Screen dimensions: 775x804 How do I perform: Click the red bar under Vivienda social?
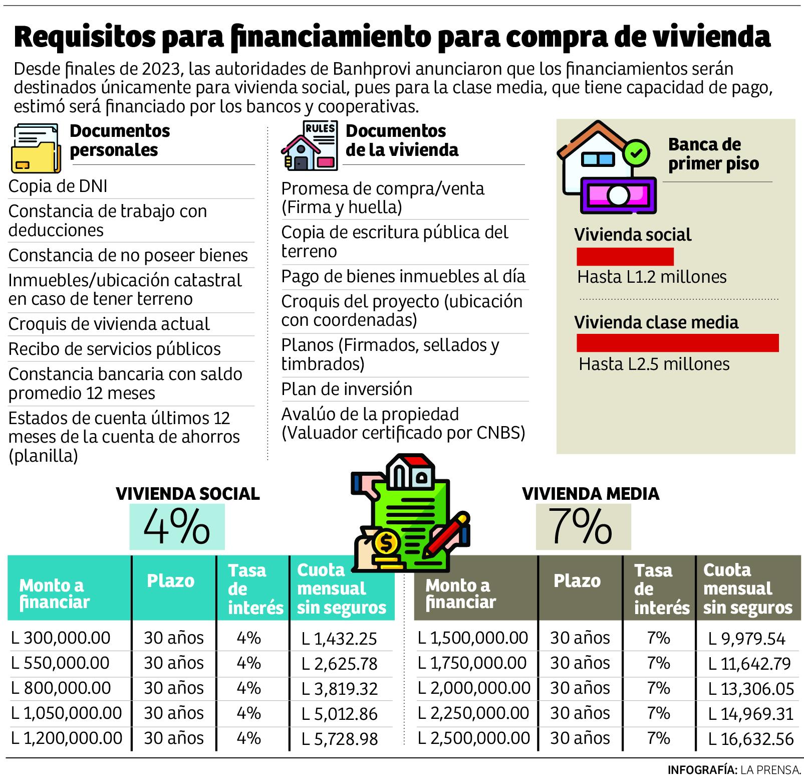(x=625, y=256)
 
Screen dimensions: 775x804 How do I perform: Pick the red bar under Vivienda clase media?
(x=677, y=343)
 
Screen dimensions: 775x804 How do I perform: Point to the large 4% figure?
(x=176, y=527)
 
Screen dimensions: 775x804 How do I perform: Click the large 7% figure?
(x=581, y=527)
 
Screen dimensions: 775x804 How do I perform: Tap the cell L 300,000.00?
(x=61, y=638)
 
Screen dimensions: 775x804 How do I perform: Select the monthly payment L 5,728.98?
(x=339, y=739)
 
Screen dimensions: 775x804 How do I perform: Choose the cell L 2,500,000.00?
(x=474, y=738)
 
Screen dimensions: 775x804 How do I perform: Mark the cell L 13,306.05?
(x=751, y=689)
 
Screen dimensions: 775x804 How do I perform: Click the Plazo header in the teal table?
(x=170, y=581)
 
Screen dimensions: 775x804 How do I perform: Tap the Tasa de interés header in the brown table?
(x=661, y=589)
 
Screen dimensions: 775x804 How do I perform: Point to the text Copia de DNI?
(x=58, y=186)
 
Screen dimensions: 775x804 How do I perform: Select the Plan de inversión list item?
(x=347, y=389)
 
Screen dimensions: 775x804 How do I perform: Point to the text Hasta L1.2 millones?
(x=652, y=277)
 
